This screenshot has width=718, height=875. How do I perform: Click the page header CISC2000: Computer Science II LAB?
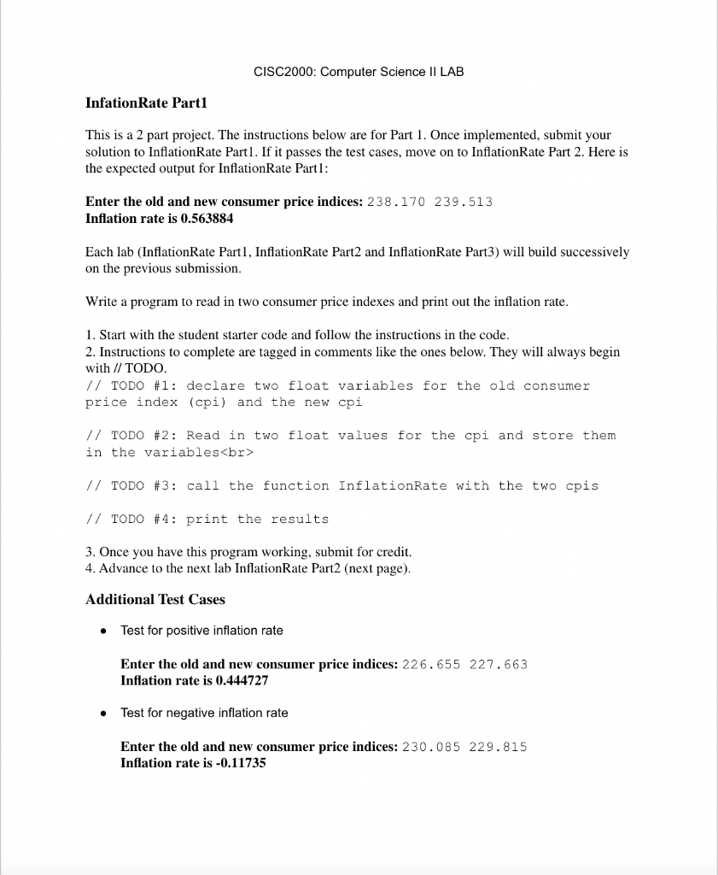[359, 72]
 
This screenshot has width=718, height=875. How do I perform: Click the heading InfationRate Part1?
[147, 103]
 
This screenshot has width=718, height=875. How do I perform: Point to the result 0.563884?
[203, 218]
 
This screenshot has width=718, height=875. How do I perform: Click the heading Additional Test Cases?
[155, 600]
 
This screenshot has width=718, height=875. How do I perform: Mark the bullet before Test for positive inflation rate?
[102, 631]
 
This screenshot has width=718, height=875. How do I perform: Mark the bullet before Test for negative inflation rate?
[102, 714]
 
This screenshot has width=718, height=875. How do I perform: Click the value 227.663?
[499, 664]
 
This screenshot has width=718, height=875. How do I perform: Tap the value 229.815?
[499, 747]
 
